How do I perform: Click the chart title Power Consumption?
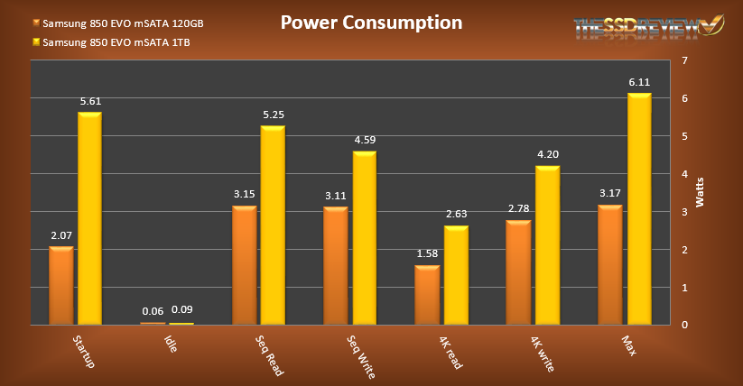[370, 23]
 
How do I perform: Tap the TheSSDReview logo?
[636, 29]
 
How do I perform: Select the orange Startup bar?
[60, 285]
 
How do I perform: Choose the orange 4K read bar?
[426, 295]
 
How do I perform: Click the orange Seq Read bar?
[244, 265]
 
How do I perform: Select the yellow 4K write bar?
[548, 244]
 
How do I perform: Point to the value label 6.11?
[639, 82]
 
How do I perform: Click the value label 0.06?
[153, 311]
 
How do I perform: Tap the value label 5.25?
[273, 115]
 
